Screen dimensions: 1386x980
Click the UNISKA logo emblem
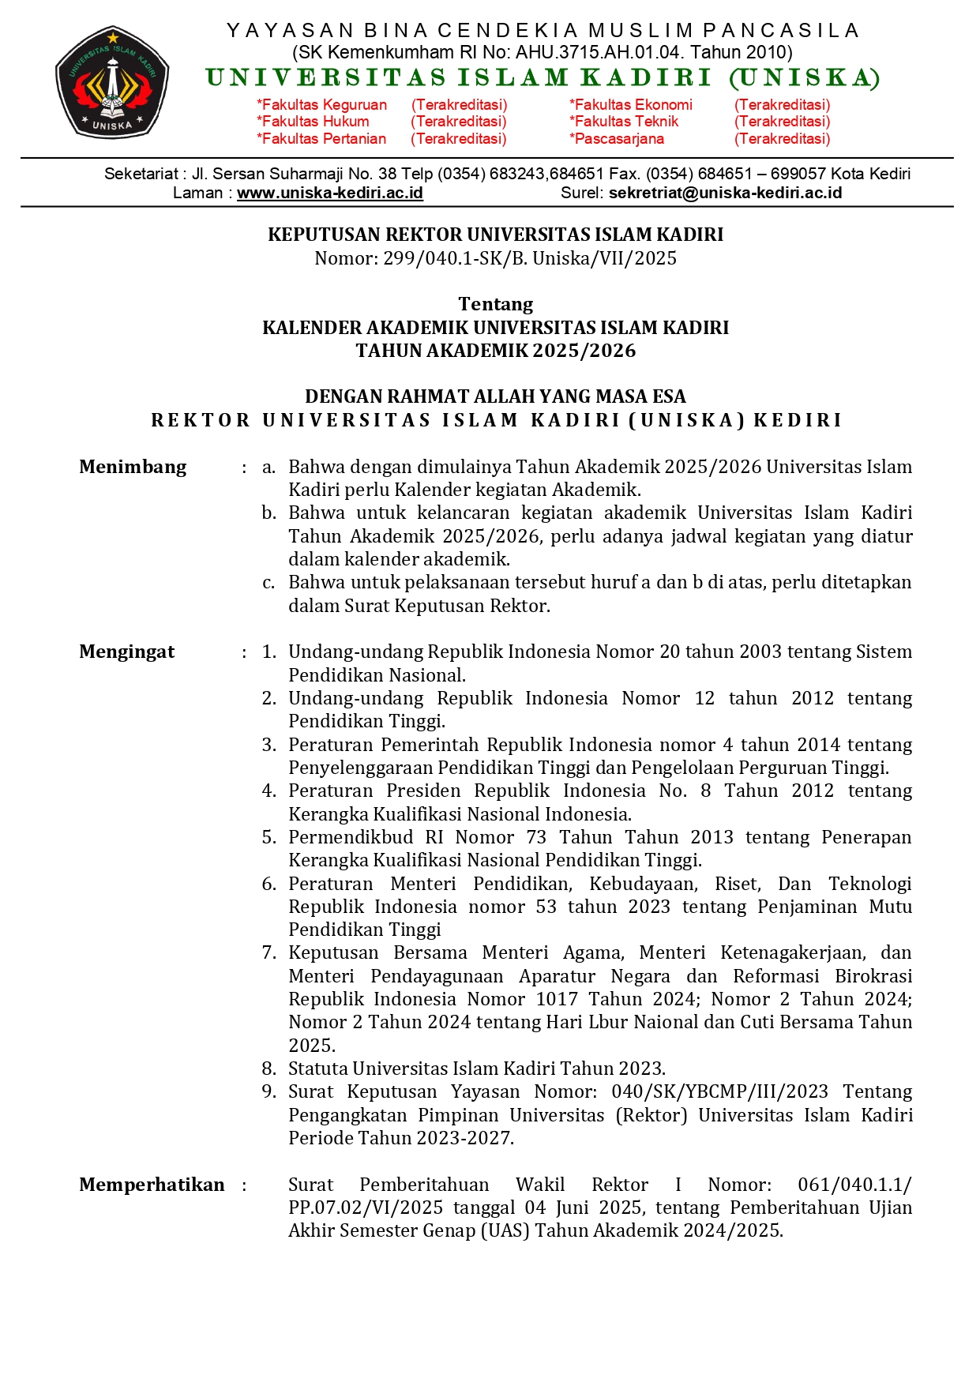[x=112, y=83]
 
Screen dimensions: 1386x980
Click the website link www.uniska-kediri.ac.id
[x=329, y=193]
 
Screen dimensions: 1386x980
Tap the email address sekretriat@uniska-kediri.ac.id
[x=725, y=193]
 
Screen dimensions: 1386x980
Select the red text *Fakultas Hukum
[x=313, y=122]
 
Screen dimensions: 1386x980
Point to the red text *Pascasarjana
[x=617, y=139]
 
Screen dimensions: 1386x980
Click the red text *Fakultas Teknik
[x=624, y=122]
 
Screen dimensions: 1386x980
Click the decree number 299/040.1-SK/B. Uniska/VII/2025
[x=529, y=258]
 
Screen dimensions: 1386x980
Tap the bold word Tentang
[x=495, y=304]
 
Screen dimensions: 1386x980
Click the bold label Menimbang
[x=133, y=467]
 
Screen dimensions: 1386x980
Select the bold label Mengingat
[x=126, y=652]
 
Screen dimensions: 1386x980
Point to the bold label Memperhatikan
[x=152, y=1185]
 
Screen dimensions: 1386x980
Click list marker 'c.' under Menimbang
[x=268, y=583]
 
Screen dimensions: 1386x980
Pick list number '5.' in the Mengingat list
[x=269, y=837]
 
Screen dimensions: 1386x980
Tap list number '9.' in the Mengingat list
[x=269, y=1091]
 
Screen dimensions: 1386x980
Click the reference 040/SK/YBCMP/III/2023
[x=719, y=1091]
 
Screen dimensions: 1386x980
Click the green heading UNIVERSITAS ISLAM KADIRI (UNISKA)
[x=543, y=77]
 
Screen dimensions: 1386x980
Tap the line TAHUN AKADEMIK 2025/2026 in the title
[x=495, y=351]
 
